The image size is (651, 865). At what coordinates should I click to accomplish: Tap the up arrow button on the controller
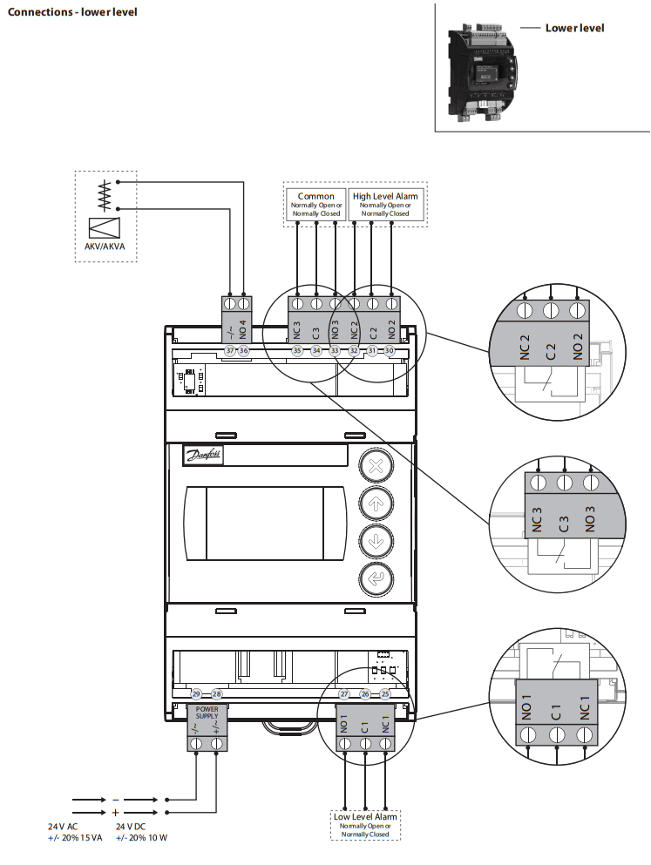click(376, 503)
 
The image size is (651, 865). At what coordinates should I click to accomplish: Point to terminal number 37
click(230, 350)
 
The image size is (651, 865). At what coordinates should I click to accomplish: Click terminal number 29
click(196, 694)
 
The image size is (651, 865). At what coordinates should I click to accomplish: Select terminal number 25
click(385, 694)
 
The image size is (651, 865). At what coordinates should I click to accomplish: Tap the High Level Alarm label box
click(384, 205)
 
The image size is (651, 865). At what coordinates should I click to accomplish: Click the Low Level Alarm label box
click(365, 824)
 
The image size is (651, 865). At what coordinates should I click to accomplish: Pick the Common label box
click(315, 205)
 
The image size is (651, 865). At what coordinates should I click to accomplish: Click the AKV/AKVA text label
click(105, 247)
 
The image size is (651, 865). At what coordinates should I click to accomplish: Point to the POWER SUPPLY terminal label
click(207, 713)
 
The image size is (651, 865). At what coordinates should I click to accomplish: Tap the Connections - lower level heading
click(72, 12)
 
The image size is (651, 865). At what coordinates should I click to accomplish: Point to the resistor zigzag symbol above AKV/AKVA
click(105, 195)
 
